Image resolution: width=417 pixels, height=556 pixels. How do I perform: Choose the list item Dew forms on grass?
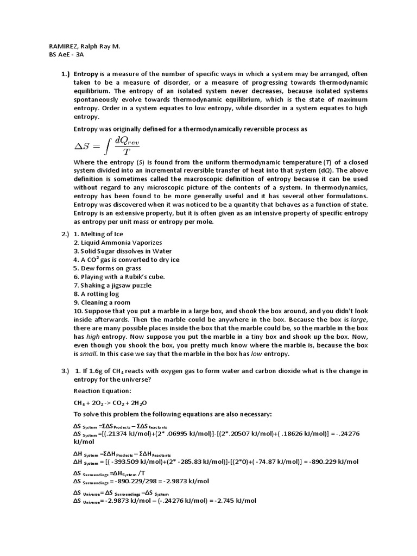tap(108, 268)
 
